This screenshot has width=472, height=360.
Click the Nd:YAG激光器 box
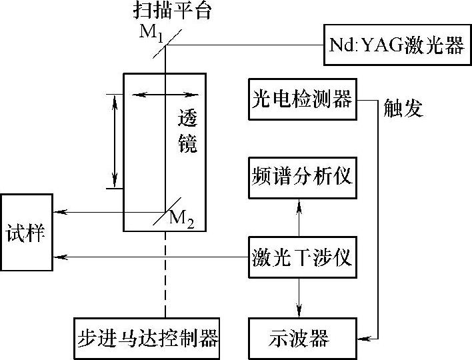point(397,45)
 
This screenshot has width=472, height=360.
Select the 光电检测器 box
point(302,99)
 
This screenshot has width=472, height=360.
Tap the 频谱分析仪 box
point(302,178)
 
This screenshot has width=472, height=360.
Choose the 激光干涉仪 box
point(302,257)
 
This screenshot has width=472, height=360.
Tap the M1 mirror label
point(151,32)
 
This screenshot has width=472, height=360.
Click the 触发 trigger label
point(403,108)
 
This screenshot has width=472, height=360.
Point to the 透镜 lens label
point(188,131)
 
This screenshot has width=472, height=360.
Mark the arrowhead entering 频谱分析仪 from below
point(299,203)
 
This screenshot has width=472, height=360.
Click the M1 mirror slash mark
point(165,41)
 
